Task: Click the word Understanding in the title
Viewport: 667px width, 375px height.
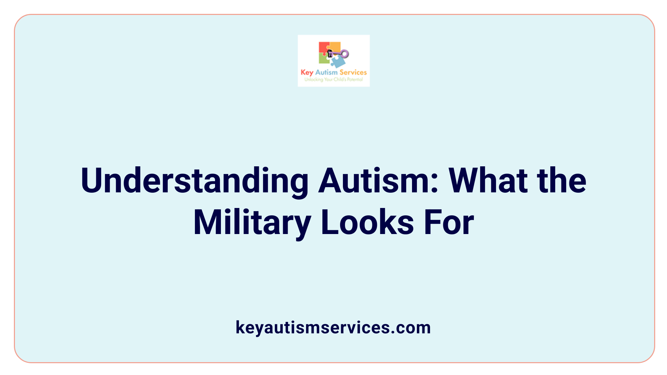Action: click(195, 181)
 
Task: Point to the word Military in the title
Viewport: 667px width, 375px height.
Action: click(252, 223)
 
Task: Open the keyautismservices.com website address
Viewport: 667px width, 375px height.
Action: click(333, 327)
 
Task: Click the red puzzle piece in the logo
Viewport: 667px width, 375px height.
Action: click(324, 48)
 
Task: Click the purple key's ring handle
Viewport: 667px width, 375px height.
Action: click(345, 54)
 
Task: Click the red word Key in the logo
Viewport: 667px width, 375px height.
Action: click(307, 73)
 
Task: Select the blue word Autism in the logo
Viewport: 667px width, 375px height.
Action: click(326, 72)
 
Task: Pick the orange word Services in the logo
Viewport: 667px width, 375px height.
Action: click(353, 72)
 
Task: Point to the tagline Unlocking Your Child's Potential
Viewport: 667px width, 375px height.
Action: click(333, 80)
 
